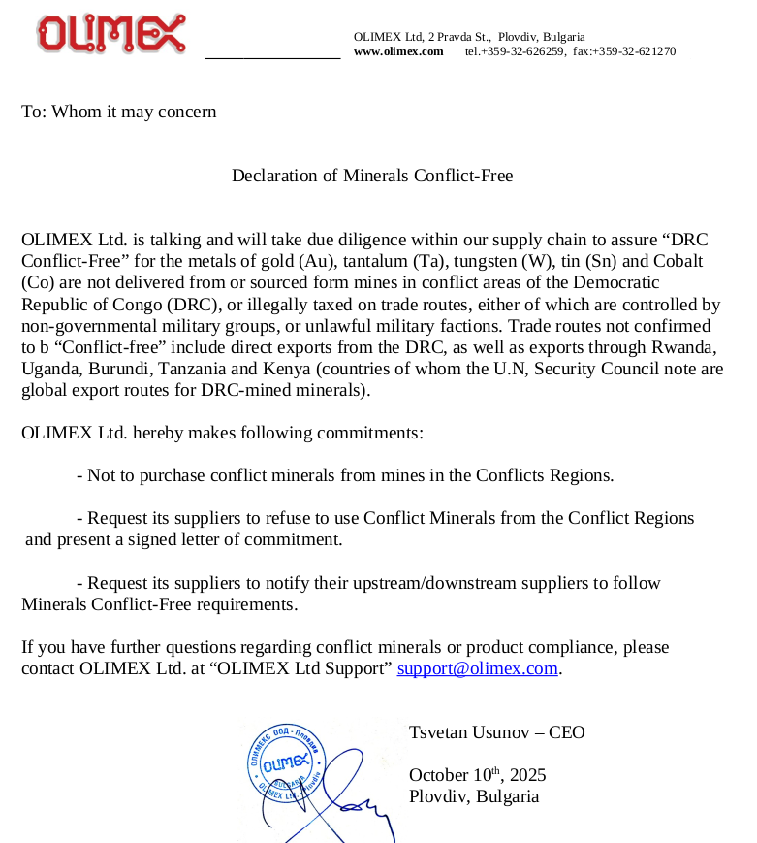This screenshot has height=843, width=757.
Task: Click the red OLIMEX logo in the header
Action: click(x=111, y=34)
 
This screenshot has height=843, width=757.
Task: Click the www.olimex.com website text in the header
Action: click(x=398, y=51)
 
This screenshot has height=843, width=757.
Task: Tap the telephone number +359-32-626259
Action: click(x=515, y=51)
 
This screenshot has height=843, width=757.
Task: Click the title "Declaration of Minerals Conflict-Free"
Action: click(x=372, y=176)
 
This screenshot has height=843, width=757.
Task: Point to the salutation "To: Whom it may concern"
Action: click(x=119, y=112)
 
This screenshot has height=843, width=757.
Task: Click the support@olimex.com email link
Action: click(x=478, y=668)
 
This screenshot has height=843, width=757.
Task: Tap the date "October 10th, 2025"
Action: click(x=477, y=775)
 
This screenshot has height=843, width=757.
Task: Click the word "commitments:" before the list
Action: click(x=374, y=433)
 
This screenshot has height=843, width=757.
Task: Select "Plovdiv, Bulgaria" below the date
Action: click(x=473, y=796)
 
